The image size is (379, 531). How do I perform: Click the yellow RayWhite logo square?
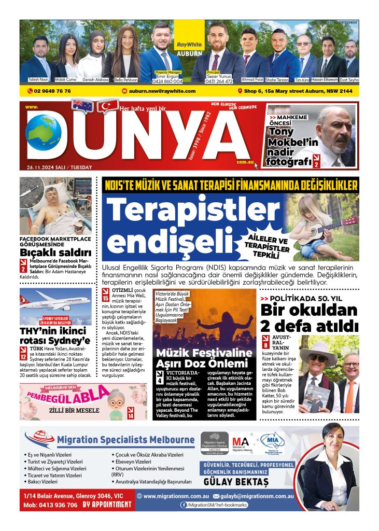[x=189, y=37]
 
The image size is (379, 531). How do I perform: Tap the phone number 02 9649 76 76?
[x=52, y=91]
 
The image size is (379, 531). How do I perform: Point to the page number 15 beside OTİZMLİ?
[x=106, y=298]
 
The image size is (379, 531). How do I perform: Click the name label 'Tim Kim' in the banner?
[x=302, y=80]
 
